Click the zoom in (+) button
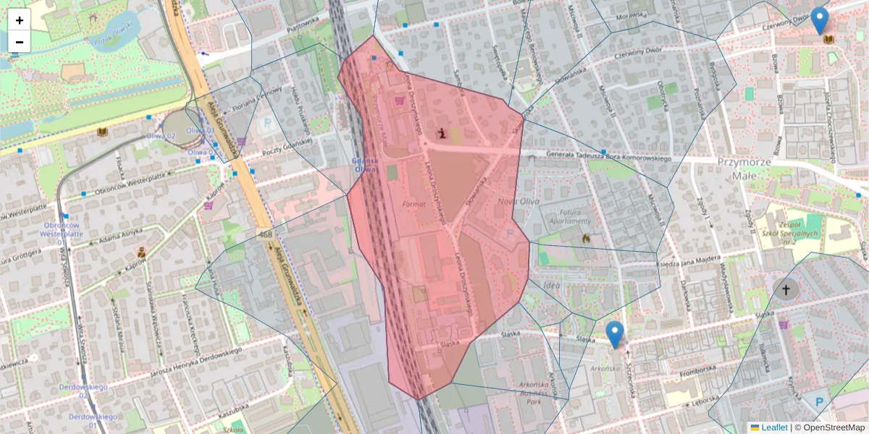[20, 20]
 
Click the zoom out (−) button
[20, 42]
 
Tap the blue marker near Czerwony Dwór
[820, 20]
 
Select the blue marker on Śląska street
[615, 334]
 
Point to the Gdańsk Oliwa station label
[364, 164]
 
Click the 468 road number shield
[264, 234]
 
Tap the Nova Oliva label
[519, 201]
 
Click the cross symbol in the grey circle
[786, 290]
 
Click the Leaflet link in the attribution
[773, 427]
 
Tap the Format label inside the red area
[414, 205]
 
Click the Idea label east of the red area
[551, 286]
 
